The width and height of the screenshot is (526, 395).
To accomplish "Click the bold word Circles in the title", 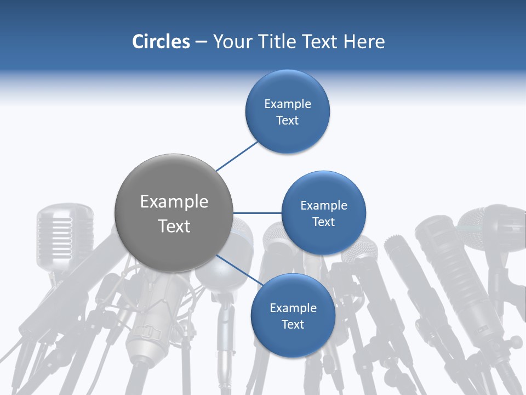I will coord(161,42).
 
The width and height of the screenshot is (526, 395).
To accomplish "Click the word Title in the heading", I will coord(277,42).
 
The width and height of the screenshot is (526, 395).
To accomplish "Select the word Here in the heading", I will coord(364,42).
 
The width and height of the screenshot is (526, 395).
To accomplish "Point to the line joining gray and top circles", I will coord(237,156).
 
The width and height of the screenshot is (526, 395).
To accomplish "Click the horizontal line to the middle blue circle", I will coord(258,213).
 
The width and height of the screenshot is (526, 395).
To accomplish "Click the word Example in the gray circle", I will coord(174,202).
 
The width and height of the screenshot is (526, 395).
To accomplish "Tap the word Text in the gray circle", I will coord(174,226).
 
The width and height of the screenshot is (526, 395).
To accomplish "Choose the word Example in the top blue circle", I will coord(288,104).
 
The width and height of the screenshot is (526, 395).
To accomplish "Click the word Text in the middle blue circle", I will coord(323,222).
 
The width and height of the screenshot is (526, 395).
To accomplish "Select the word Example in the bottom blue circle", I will coord(293,308).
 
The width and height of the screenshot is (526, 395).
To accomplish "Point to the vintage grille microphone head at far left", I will coord(57,230).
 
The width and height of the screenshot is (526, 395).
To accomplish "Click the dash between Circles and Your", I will coord(201,42).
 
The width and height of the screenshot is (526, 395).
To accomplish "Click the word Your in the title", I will coord(233,42).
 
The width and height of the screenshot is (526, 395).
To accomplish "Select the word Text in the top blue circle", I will coord(288,121).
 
